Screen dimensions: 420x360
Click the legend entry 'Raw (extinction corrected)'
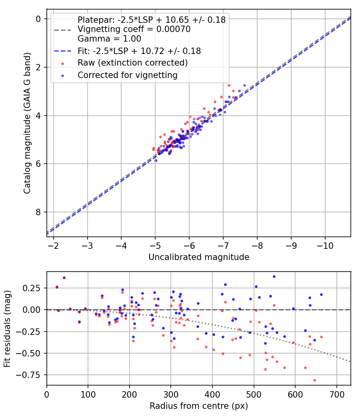tap(132, 63)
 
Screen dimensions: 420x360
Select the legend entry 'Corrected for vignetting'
tap(127, 75)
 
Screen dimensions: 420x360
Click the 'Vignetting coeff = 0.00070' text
tap(134, 29)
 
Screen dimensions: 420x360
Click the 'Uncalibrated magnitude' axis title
tap(199, 257)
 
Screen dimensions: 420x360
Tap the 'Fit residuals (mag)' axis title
tap(8, 328)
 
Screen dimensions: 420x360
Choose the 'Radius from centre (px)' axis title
tap(199, 406)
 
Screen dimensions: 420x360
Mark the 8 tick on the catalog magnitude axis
tap(38, 212)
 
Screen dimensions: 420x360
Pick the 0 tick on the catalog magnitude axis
tap(38, 19)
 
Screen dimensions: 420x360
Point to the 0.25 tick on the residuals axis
tap(35, 288)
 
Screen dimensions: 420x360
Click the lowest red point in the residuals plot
tap(314, 380)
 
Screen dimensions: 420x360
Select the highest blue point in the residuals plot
tap(274, 276)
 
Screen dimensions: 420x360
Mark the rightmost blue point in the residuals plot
tap(321, 294)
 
